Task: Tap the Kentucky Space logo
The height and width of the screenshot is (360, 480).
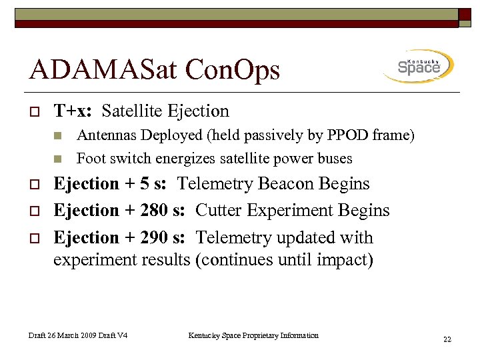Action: [419, 66]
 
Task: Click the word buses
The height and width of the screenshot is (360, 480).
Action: [335, 159]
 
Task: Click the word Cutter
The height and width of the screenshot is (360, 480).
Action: [219, 211]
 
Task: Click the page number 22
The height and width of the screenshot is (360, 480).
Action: [447, 339]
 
